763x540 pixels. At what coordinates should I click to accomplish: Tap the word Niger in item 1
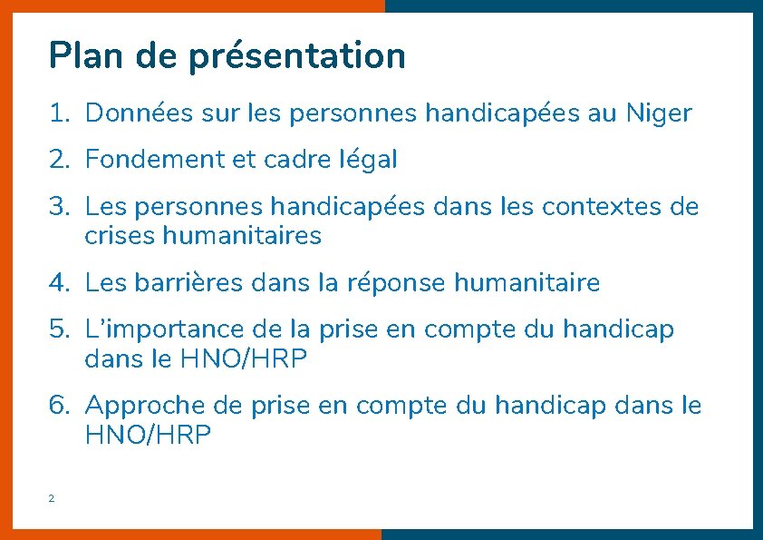[658, 113]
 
